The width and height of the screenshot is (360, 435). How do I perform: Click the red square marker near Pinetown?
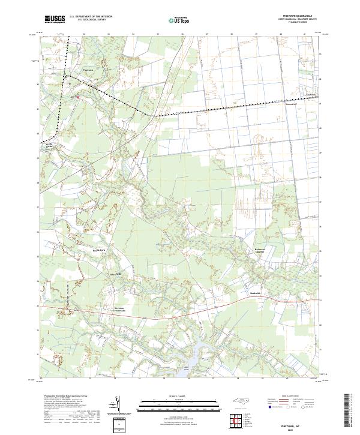pos(77,95)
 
